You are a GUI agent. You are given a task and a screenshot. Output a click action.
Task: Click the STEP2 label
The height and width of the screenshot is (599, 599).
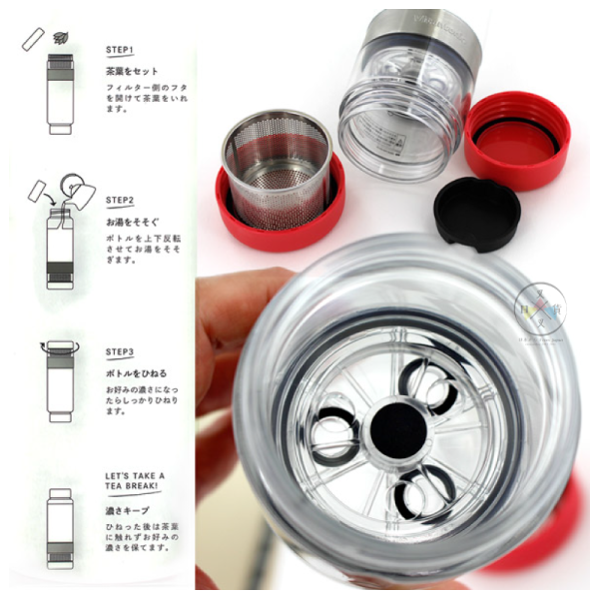[x=121, y=200]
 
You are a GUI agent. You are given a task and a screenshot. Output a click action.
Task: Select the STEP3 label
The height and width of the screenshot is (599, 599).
[x=121, y=351]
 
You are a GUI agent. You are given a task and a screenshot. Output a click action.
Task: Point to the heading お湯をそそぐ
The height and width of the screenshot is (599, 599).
[x=134, y=220]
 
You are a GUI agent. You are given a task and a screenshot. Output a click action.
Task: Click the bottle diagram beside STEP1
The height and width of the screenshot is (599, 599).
[x=58, y=95]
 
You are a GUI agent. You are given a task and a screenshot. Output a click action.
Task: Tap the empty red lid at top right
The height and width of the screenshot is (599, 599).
[x=517, y=140]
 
